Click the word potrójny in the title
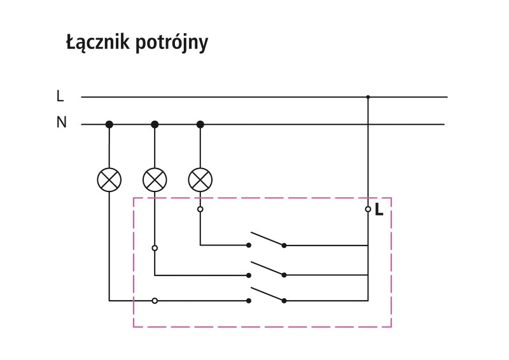[x=172, y=45]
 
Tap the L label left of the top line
[x=60, y=97]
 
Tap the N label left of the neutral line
[x=61, y=123]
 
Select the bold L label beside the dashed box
[x=379, y=209]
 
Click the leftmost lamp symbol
[x=109, y=179]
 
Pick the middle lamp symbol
[x=155, y=179]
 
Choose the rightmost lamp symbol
[x=200, y=179]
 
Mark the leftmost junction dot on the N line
[x=109, y=124]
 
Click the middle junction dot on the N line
[x=155, y=124]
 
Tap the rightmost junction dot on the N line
[x=200, y=124]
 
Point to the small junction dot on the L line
[x=368, y=97]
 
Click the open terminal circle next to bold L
[x=368, y=209]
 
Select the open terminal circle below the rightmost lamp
[x=200, y=209]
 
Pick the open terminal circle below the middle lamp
[x=155, y=248]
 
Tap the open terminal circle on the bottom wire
[x=155, y=300]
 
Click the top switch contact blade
[x=266, y=239]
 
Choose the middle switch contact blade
[x=266, y=268]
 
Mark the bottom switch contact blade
[x=266, y=294]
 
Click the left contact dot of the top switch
[x=249, y=245]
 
